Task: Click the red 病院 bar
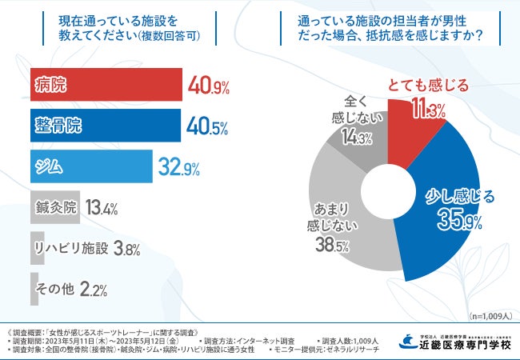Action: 106,83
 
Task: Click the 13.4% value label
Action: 101,209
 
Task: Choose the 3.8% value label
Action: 127,249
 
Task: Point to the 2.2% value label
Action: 94,290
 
